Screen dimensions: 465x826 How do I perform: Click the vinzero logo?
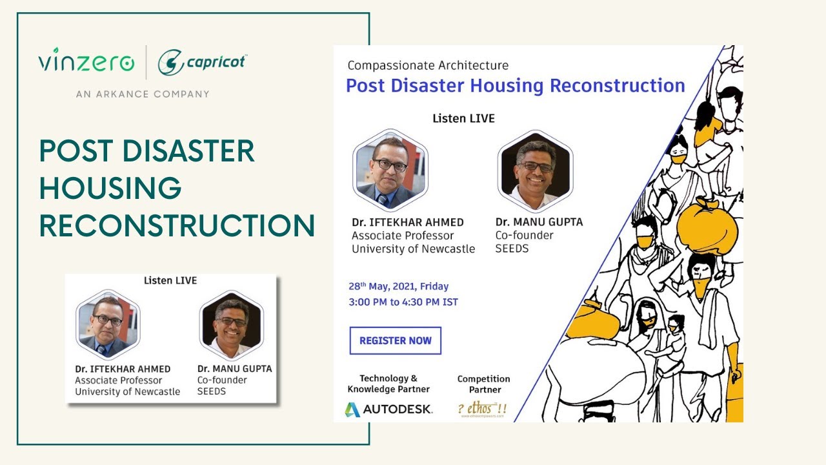tap(86, 62)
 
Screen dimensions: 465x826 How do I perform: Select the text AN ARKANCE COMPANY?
tap(143, 94)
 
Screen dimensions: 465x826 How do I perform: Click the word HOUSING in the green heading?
tap(110, 188)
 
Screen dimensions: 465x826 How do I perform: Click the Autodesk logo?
tap(388, 409)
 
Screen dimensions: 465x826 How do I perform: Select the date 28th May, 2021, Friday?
tap(399, 286)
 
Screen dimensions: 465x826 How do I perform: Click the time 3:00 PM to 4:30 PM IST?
tap(403, 302)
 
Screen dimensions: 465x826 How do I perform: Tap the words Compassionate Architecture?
tap(428, 65)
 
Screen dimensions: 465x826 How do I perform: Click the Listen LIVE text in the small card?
tap(170, 280)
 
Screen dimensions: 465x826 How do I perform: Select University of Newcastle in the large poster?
tap(413, 249)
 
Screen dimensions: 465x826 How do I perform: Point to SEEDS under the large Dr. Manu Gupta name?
tap(512, 249)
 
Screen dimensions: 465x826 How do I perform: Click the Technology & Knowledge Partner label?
tap(388, 384)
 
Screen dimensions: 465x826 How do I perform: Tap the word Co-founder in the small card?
tap(222, 380)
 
